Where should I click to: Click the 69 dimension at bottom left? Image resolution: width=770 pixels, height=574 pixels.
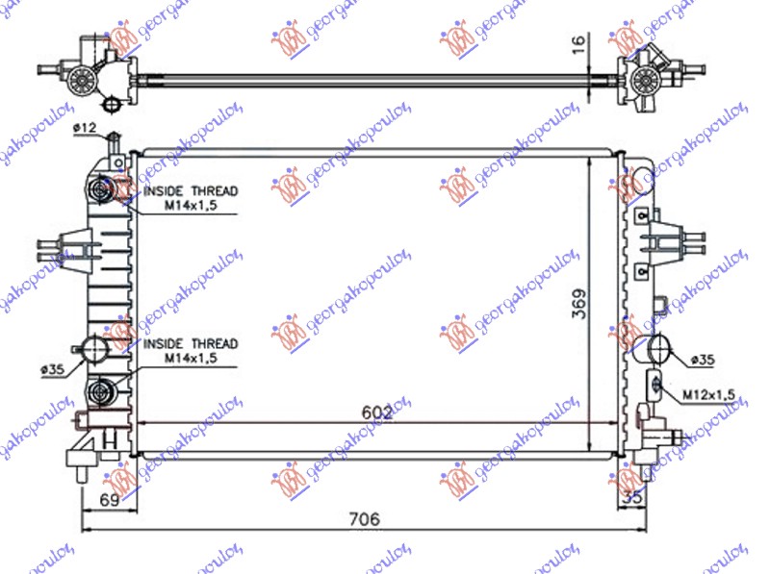[x=108, y=500]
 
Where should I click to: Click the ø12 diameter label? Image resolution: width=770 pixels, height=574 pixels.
[x=85, y=128]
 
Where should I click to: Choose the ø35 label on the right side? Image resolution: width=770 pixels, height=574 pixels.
[x=702, y=360]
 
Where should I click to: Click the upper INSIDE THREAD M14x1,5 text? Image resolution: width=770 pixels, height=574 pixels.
[x=190, y=198]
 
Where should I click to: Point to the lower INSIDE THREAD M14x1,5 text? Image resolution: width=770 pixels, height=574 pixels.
[x=190, y=350]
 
